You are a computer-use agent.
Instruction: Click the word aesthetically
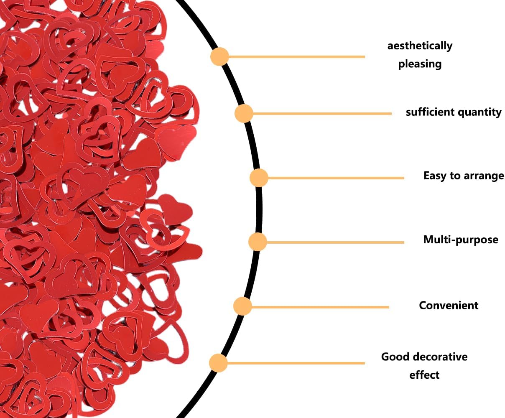[x=420, y=46]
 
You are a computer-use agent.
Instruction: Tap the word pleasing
[x=420, y=64]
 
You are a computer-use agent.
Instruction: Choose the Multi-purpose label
[x=461, y=240]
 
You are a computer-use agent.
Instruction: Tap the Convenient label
[x=449, y=306]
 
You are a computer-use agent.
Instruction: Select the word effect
[x=424, y=375]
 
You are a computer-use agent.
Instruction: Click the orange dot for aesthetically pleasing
[x=219, y=56]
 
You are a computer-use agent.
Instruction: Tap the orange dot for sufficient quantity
[x=244, y=113]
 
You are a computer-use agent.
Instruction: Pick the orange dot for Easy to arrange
[x=259, y=178]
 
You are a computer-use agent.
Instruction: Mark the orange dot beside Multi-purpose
[x=258, y=242]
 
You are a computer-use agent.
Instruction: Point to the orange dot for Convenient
[x=242, y=306]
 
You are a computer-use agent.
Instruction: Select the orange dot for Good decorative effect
[x=218, y=363]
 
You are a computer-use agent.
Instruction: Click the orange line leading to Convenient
[x=320, y=307]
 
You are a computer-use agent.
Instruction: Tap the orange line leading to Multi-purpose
[x=335, y=242]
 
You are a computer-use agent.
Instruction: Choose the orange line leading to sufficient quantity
[x=322, y=114]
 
